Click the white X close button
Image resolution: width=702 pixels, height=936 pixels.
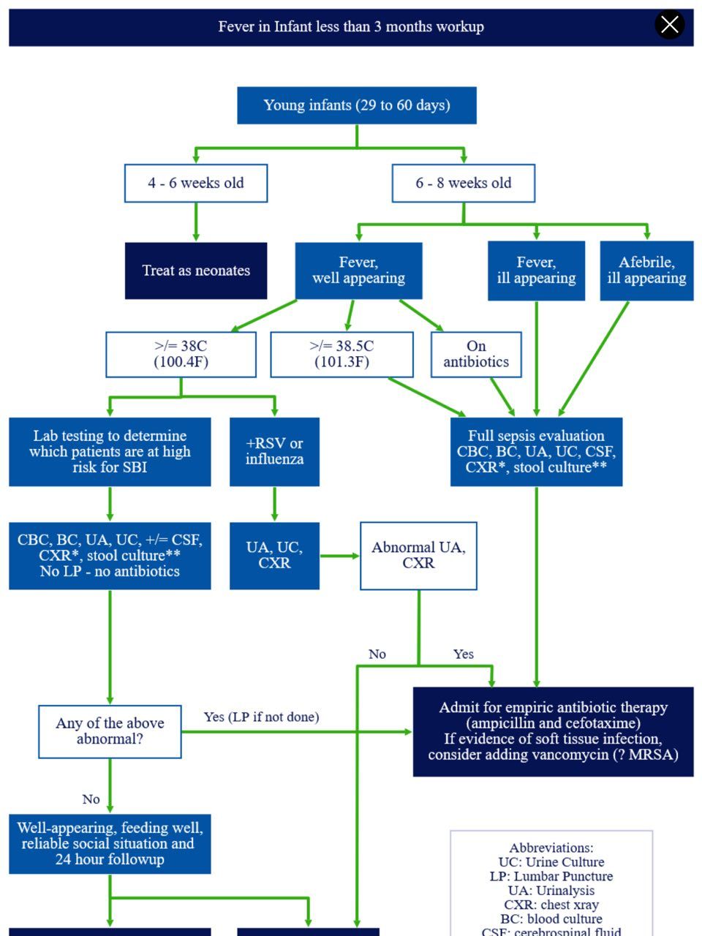(669, 24)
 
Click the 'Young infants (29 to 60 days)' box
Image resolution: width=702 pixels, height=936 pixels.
(357, 105)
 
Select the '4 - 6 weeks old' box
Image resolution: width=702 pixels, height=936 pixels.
(196, 183)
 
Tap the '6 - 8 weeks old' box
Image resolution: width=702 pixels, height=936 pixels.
(464, 183)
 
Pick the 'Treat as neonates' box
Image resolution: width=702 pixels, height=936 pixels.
(196, 271)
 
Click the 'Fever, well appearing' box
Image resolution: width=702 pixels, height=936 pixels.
(358, 271)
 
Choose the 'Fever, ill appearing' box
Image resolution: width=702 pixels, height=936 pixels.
(536, 271)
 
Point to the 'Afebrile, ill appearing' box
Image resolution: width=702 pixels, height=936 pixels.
(646, 271)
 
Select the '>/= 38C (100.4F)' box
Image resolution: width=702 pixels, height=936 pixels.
(181, 355)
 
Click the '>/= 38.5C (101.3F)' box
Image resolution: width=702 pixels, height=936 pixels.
(341, 355)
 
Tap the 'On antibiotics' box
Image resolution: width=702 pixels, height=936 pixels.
(476, 355)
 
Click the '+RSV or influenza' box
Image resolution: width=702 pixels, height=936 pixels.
(274, 452)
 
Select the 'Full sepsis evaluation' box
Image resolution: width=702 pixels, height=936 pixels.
(536, 452)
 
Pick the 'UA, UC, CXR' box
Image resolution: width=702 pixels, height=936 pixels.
(274, 556)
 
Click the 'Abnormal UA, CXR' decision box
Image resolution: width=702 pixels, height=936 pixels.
(418, 556)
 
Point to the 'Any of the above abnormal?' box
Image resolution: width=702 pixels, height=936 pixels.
(110, 732)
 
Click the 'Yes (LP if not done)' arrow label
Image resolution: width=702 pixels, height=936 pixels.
(261, 717)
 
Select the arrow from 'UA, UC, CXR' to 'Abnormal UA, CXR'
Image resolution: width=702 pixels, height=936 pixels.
(340, 556)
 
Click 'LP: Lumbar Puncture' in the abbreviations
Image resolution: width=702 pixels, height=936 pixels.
(551, 876)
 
